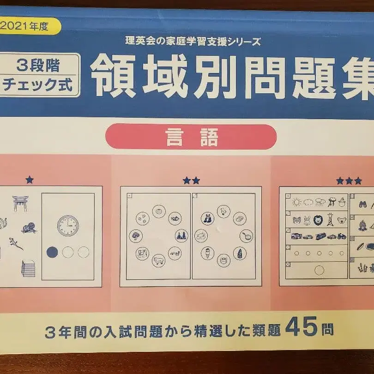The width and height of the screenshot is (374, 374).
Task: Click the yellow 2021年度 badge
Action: [30, 26]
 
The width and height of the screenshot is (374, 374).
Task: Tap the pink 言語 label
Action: [191, 137]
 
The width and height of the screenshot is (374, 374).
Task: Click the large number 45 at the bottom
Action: [301, 326]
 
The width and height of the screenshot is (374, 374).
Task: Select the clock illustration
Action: [68, 226]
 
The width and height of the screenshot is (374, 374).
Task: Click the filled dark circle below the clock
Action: [52, 252]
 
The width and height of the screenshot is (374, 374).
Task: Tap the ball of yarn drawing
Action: [29, 228]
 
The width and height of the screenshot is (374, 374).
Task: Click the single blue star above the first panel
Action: [30, 180]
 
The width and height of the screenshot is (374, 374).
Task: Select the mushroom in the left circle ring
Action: [136, 236]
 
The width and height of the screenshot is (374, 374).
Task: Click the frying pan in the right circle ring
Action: [247, 236]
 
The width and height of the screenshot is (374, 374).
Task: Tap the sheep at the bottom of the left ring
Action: [159, 260]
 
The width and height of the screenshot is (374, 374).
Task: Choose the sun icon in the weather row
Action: [297, 203]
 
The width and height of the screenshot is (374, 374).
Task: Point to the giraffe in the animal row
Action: [330, 219]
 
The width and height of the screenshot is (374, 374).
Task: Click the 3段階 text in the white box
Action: [38, 66]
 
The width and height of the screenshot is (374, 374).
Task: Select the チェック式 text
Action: [38, 84]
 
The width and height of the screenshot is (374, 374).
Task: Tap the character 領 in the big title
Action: [114, 76]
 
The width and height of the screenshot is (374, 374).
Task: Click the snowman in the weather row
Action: [342, 202]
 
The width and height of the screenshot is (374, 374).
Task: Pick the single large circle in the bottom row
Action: [319, 270]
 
